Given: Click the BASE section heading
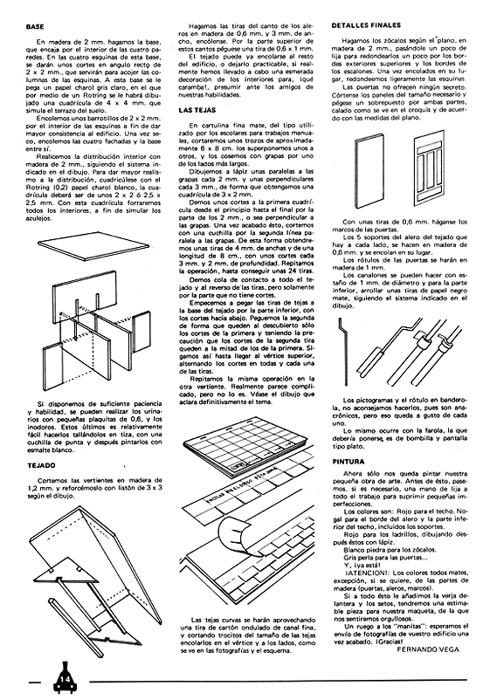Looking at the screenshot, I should point(36,27).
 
